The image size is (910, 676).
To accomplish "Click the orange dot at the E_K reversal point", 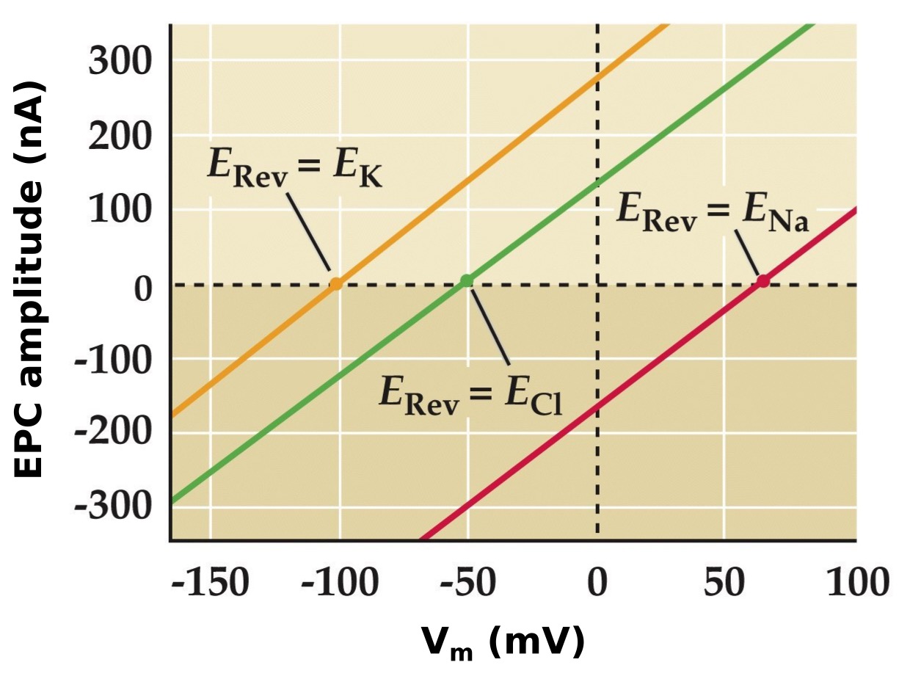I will (x=335, y=283).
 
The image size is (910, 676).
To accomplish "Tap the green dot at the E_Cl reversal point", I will (x=466, y=280).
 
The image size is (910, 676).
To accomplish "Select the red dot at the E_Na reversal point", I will (x=763, y=280).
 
